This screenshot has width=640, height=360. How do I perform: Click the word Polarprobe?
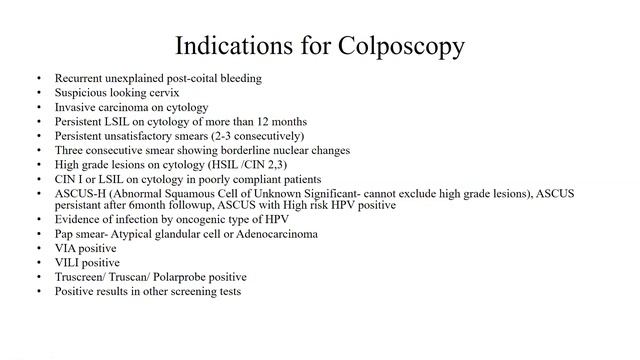pyautogui.click(x=176, y=277)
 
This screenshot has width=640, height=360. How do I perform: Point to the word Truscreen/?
pyautogui.click(x=78, y=277)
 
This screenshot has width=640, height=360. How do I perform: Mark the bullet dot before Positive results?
pyautogui.click(x=38, y=291)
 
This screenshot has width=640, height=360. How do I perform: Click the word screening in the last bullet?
pyautogui.click(x=190, y=291)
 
